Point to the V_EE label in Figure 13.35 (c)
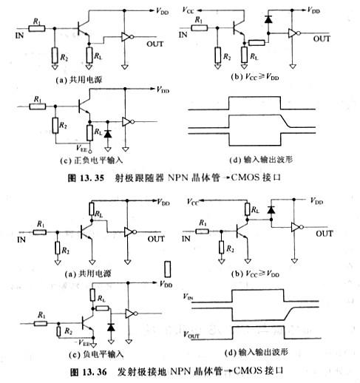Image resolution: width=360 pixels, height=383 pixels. point(69,148)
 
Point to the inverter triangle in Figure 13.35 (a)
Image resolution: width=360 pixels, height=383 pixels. point(127,37)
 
